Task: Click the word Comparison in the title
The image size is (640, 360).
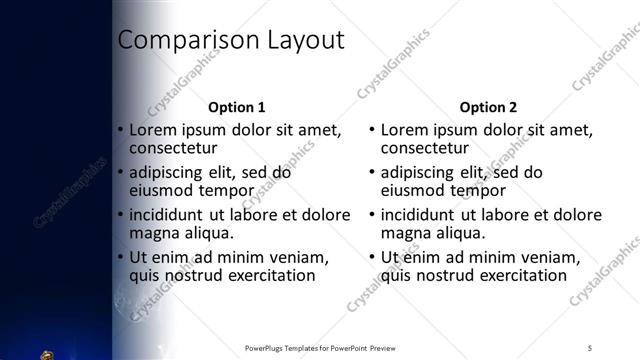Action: click(x=184, y=41)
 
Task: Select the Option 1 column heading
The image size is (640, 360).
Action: click(x=236, y=106)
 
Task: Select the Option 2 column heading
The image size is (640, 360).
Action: click(x=489, y=106)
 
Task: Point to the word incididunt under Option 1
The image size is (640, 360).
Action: click(x=172, y=215)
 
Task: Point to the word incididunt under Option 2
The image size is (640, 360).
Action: click(x=424, y=215)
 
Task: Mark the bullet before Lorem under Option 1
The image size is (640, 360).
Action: click(x=121, y=130)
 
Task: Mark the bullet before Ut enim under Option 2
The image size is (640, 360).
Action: click(x=373, y=257)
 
